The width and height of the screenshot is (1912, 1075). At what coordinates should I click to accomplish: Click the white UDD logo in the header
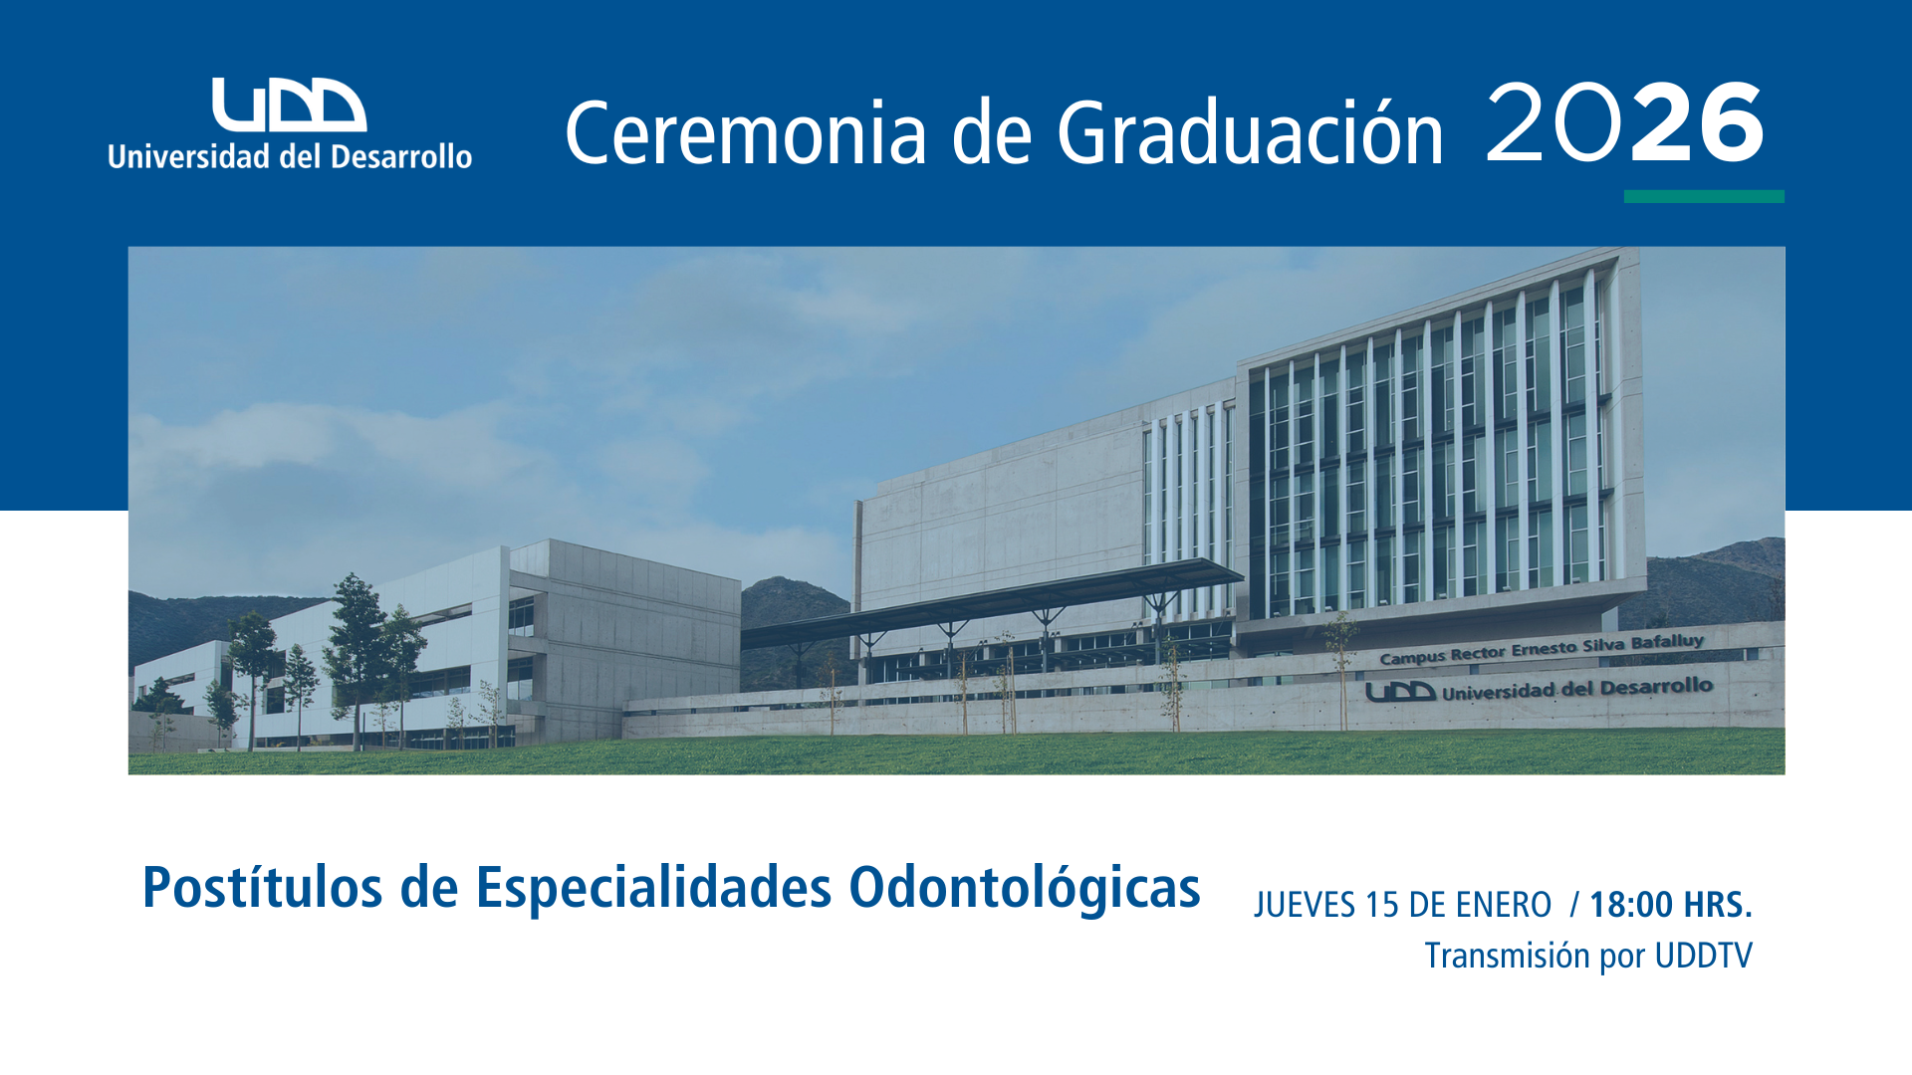(x=290, y=105)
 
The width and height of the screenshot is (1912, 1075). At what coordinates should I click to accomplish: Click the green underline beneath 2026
(x=1704, y=196)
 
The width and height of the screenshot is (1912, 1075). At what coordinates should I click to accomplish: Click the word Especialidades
(x=653, y=889)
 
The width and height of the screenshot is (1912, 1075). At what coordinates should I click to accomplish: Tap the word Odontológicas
(x=1025, y=889)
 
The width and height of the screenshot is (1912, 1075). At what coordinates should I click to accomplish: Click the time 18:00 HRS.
(x=1671, y=905)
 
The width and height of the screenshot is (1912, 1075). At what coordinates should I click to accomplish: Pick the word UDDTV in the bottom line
(x=1703, y=956)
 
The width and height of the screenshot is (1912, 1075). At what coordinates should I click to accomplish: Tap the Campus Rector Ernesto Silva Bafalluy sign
(x=1542, y=649)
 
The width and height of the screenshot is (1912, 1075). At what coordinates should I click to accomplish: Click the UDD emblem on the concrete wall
(x=1400, y=692)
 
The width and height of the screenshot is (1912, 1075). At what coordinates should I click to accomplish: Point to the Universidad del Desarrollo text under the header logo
(x=290, y=156)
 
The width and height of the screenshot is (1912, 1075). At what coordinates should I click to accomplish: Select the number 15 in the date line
(x=1382, y=905)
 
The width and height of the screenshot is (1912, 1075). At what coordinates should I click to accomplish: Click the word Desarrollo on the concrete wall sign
(x=1656, y=687)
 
